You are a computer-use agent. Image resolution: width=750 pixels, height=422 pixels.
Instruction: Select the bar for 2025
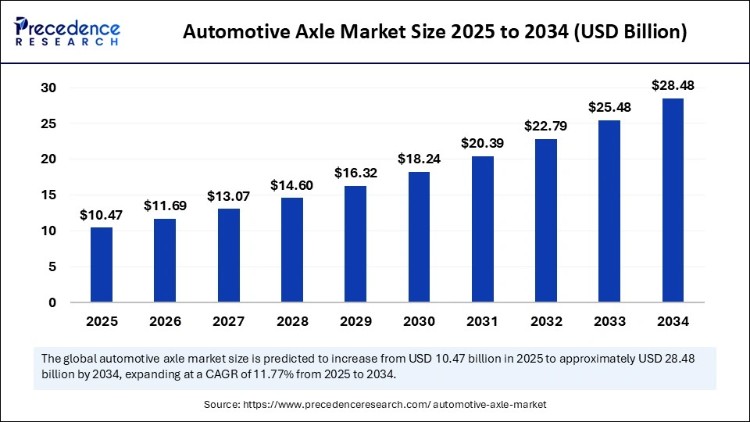(x=102, y=265)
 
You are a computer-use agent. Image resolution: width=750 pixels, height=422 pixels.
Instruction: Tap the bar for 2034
(x=673, y=200)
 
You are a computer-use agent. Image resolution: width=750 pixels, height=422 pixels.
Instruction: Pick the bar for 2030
(x=419, y=237)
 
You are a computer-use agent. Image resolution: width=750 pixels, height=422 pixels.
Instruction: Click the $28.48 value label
(x=673, y=84)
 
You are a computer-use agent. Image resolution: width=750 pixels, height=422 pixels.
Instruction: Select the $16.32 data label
(x=355, y=172)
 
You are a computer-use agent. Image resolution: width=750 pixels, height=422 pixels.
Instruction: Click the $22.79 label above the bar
(x=546, y=125)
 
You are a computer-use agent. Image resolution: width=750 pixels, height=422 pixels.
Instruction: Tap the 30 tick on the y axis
(x=48, y=88)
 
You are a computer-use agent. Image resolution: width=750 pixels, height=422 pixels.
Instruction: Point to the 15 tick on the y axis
(x=48, y=195)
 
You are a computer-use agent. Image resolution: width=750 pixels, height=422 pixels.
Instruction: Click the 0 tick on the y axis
(x=52, y=302)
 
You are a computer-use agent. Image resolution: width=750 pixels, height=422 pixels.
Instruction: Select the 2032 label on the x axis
(x=546, y=321)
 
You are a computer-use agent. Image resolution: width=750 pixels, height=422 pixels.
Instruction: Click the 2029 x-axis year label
(x=355, y=321)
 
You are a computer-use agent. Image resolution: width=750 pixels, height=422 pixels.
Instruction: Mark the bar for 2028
(x=292, y=250)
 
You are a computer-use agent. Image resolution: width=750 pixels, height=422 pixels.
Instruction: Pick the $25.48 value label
(x=609, y=106)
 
